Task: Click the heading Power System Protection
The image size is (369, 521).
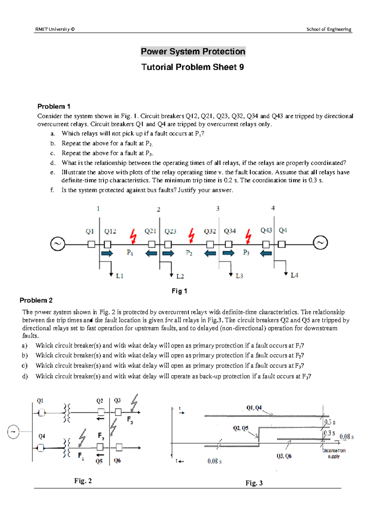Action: coord(193,51)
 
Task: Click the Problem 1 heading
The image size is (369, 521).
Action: coord(54,106)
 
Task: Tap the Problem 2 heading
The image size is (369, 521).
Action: coord(36,300)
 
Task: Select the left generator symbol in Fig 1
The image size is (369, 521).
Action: coord(58,244)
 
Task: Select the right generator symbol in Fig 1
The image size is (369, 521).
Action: coord(320,243)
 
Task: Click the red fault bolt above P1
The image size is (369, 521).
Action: coord(133,237)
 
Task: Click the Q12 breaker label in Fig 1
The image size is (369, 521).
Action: coord(110,231)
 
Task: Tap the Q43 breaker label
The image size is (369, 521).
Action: coord(266,230)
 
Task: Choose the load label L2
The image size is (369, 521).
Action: coord(180,276)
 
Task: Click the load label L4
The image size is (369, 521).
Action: coord(294,276)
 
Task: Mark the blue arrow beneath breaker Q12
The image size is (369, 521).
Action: coord(107,253)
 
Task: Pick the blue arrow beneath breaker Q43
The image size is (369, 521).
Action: coord(266,253)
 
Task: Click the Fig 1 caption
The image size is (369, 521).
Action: coord(179,291)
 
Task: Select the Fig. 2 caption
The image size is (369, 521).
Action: coord(83,481)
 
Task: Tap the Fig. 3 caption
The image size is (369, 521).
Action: coord(254,483)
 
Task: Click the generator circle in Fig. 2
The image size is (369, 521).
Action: coord(13,432)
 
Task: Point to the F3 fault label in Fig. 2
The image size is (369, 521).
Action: coord(130,420)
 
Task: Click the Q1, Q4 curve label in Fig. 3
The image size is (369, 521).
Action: coord(254,408)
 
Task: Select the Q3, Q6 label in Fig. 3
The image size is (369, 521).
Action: coord(284,456)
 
